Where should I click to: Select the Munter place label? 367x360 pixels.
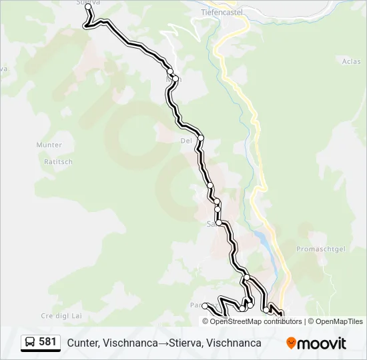pos(49,145)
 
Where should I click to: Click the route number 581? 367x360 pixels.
pos(47,342)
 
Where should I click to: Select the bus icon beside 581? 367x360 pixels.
pos(30,343)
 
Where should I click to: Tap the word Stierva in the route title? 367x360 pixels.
pos(187,343)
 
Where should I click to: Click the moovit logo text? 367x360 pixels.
pos(322,343)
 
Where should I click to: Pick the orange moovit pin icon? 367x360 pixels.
pos(291,343)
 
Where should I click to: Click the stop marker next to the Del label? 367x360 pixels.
pos(200,137)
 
